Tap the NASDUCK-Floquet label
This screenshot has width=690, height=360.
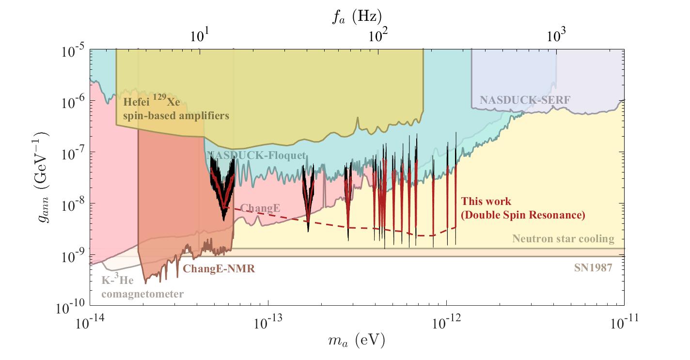(256, 156)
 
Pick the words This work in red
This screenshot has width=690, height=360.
(486, 202)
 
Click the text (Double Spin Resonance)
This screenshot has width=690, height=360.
(522, 215)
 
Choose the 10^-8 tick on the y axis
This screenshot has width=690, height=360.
(73, 203)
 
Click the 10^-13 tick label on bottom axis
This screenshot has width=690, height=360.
(268, 322)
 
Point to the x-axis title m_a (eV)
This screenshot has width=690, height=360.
(356, 341)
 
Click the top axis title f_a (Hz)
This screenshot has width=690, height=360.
(356, 16)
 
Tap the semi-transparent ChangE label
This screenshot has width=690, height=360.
(260, 208)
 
